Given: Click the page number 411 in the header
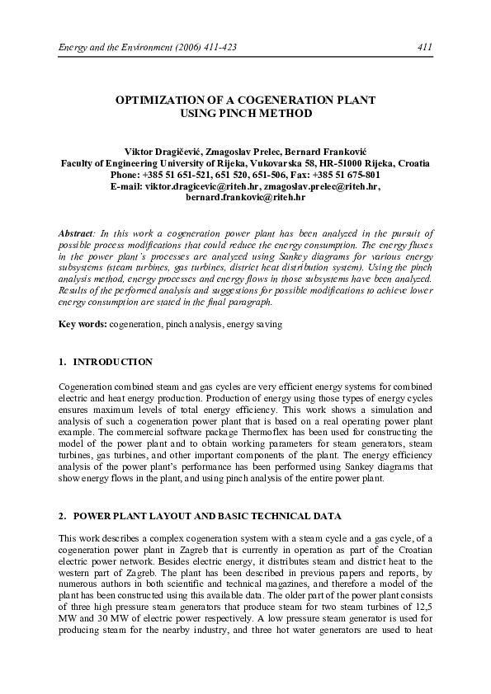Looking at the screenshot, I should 426,47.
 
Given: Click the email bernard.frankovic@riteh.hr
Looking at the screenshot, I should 245,198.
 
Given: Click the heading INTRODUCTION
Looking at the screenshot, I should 113,362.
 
